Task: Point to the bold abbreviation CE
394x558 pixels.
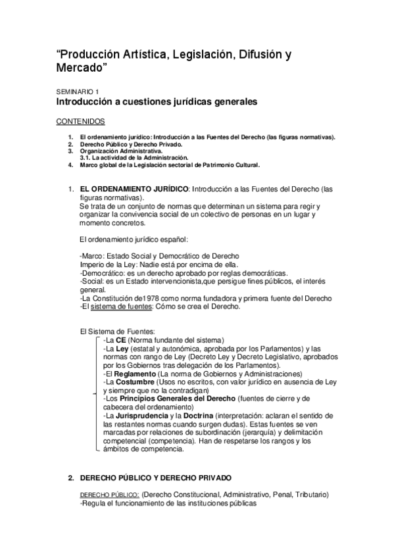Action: tap(121, 340)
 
